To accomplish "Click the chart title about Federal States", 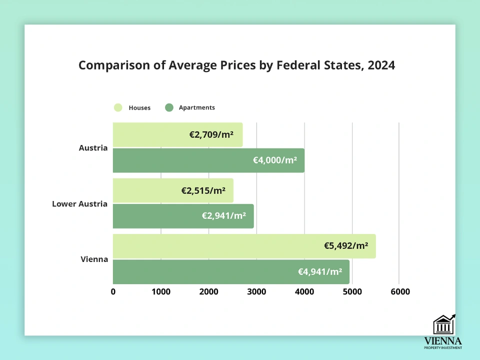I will pyautogui.click(x=236, y=66).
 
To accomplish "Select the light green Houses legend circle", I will pyautogui.click(x=118, y=107).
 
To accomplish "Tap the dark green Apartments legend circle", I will pyautogui.click(x=169, y=107).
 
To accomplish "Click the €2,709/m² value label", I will pyautogui.click(x=211, y=134).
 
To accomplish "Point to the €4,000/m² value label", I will pyautogui.click(x=274, y=160).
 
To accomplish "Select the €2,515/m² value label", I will pyautogui.click(x=203, y=190).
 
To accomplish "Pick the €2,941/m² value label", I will pyautogui.click(x=224, y=216).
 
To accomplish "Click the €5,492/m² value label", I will pyautogui.click(x=346, y=246).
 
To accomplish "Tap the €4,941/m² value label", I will pyautogui.click(x=320, y=272).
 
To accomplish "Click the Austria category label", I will pyautogui.click(x=93, y=148).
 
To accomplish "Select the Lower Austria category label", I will pyautogui.click(x=79, y=204).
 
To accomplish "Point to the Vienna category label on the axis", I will pyautogui.click(x=94, y=259).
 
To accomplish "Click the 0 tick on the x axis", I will pyautogui.click(x=113, y=291).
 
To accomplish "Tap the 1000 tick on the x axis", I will pyautogui.click(x=161, y=291).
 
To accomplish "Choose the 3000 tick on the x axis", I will pyautogui.click(x=256, y=291).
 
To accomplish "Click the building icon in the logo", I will pyautogui.click(x=443, y=324).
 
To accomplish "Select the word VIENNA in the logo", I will pyautogui.click(x=442, y=340).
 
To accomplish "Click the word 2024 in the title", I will pyautogui.click(x=381, y=66).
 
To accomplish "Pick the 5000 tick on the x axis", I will pyautogui.click(x=352, y=291).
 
